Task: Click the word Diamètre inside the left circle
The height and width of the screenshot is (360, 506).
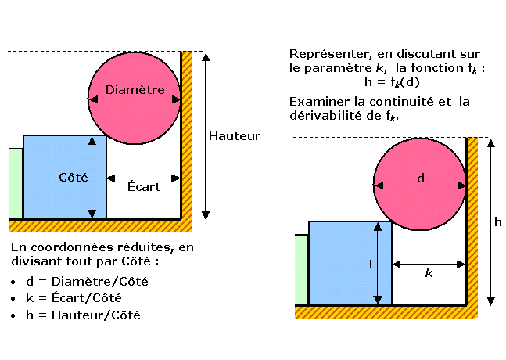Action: (x=135, y=90)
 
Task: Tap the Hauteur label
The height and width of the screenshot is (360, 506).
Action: (x=234, y=136)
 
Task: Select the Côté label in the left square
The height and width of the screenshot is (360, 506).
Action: (x=71, y=178)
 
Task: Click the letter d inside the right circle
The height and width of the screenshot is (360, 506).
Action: (x=421, y=178)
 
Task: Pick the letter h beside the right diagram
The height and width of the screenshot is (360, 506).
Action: (x=498, y=222)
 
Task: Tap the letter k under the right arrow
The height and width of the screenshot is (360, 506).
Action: (x=429, y=273)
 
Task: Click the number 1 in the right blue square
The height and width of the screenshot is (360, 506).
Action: (x=370, y=264)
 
